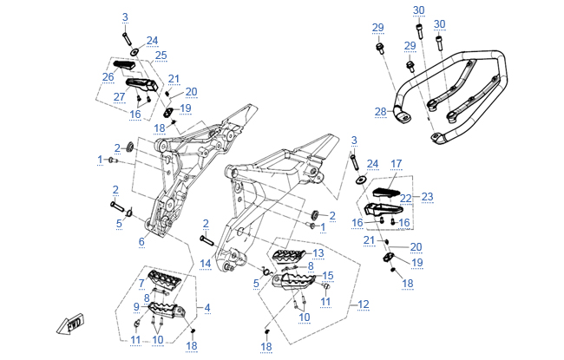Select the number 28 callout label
coord(378,111)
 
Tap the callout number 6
coord(141,242)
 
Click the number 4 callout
coord(207,308)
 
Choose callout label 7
coord(141,284)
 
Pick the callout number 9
coord(135,306)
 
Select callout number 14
coord(206,262)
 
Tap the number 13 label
coord(318,253)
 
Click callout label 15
coord(328,276)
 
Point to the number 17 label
coord(397,163)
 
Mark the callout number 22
coord(405,198)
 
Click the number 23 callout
coord(427,197)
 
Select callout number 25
coord(161,56)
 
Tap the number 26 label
coord(108,76)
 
